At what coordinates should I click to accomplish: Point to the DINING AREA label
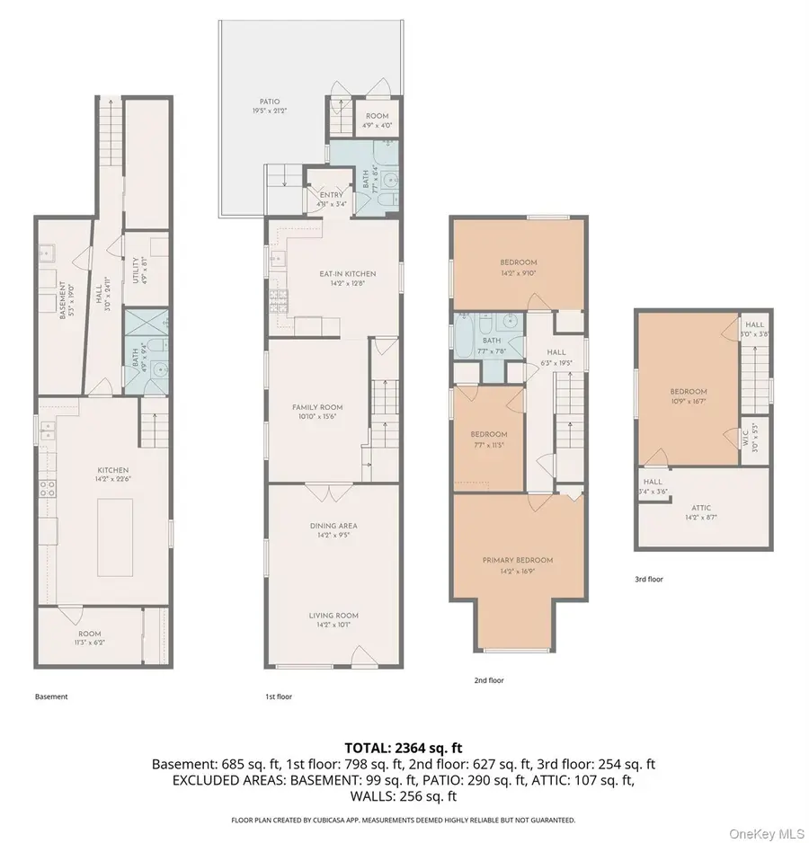coord(333,529)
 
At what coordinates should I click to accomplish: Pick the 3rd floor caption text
coord(648,580)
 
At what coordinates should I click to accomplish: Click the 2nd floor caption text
coord(489,680)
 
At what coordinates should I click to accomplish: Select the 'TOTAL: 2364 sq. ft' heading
coord(404,748)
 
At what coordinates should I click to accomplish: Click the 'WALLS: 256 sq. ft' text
coord(404,795)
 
